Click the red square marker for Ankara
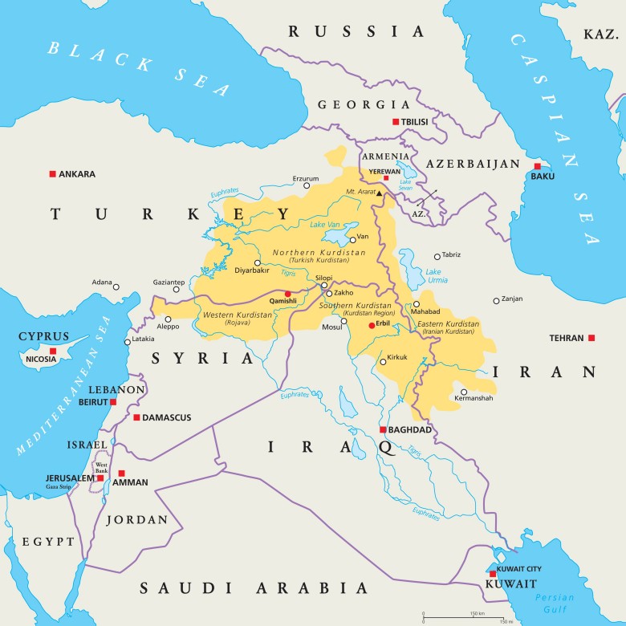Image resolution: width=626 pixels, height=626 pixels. coord(52,173)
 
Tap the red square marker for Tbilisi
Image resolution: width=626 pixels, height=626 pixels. coord(395,122)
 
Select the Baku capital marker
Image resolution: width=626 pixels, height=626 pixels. coord(537,166)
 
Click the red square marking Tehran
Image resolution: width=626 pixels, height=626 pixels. coord(591,338)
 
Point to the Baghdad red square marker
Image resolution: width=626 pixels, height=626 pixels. coord(383,429)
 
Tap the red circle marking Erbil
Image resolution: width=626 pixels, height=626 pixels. coord(372,326)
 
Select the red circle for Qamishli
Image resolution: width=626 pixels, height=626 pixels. coord(287,294)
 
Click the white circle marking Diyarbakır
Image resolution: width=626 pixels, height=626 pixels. coord(257,262)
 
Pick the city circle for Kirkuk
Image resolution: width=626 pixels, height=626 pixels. coord(383,362)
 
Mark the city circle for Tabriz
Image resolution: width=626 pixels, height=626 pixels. coord(437,257)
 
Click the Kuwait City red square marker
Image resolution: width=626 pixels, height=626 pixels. coord(492,574)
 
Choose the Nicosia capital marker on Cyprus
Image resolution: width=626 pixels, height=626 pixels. coord(52,351)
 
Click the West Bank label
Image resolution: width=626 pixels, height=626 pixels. coord(102,466)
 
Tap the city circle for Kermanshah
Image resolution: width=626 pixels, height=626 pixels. coord(464,392)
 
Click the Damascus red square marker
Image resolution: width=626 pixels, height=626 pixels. coord(136,417)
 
